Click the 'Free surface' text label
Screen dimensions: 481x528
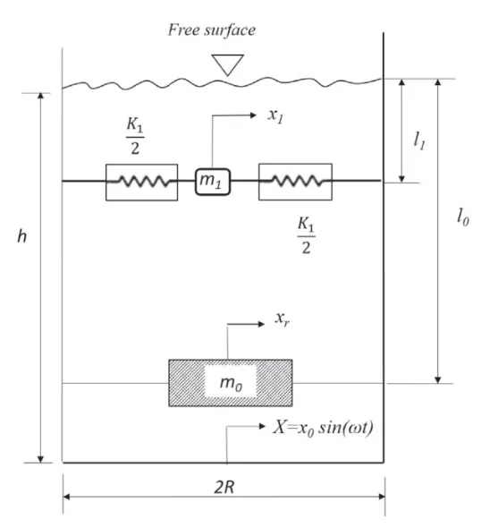click(212, 30)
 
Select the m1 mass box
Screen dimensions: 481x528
click(213, 182)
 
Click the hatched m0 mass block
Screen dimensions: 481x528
click(231, 383)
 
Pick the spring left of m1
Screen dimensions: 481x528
click(141, 183)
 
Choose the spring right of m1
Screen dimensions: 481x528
click(295, 182)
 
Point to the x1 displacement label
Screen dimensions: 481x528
click(275, 115)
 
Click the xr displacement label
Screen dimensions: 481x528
click(282, 319)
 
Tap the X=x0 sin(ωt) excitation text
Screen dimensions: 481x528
click(323, 428)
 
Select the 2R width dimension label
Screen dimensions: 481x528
click(224, 487)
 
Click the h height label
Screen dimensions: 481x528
click(21, 236)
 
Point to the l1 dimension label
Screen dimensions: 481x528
click(419, 141)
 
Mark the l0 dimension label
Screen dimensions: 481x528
click(462, 217)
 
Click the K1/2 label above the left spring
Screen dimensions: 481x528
click(135, 136)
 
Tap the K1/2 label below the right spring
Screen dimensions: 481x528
click(306, 235)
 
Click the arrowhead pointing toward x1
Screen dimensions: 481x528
click(253, 115)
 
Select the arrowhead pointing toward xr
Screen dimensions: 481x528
click(261, 324)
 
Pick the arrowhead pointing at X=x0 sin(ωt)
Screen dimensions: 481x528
click(262, 426)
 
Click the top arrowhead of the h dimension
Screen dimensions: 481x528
click(41, 96)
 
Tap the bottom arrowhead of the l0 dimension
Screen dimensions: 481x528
click(437, 380)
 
